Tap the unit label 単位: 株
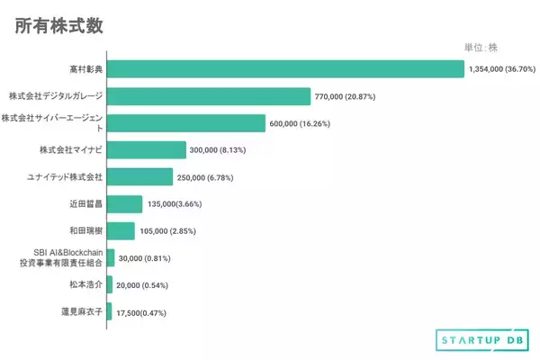point(487,48)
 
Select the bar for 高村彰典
point(285,68)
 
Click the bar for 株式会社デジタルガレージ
point(209,95)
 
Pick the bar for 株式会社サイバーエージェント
point(186,123)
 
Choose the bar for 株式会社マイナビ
point(147,149)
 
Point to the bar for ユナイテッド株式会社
point(139,176)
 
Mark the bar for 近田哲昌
point(124,204)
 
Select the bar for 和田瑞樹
point(121,231)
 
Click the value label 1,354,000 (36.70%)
point(502,68)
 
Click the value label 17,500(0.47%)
point(141,312)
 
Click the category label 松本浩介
point(85,284)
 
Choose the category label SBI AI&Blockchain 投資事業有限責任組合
point(61,257)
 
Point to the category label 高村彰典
point(85,68)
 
